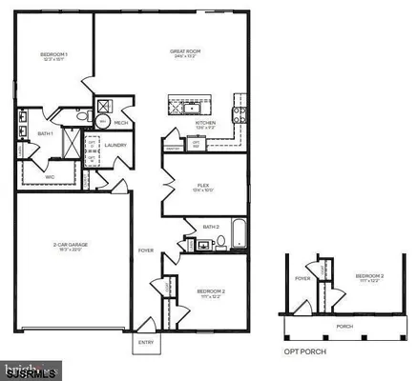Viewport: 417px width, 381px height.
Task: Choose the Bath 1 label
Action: [44, 134]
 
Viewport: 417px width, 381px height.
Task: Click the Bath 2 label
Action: [212, 227]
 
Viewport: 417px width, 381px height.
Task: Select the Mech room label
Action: [122, 122]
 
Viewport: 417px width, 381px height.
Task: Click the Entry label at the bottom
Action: [146, 341]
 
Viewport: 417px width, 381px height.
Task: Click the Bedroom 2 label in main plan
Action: [211, 291]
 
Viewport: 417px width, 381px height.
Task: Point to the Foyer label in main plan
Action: [145, 251]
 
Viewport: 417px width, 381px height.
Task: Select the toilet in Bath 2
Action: [222, 243]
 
